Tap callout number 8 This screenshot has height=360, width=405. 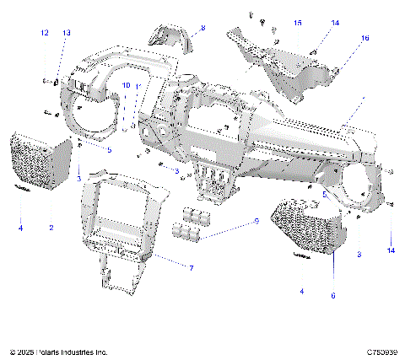click(202, 28)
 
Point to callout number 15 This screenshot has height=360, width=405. click(298, 22)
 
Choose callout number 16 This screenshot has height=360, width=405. click(364, 38)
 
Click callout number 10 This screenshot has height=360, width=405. click(126, 86)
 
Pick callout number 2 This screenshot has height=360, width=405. click(51, 228)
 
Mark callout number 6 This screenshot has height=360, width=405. click(332, 295)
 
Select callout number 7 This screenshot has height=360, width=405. click(191, 267)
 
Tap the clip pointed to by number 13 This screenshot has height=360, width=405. click(57, 82)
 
